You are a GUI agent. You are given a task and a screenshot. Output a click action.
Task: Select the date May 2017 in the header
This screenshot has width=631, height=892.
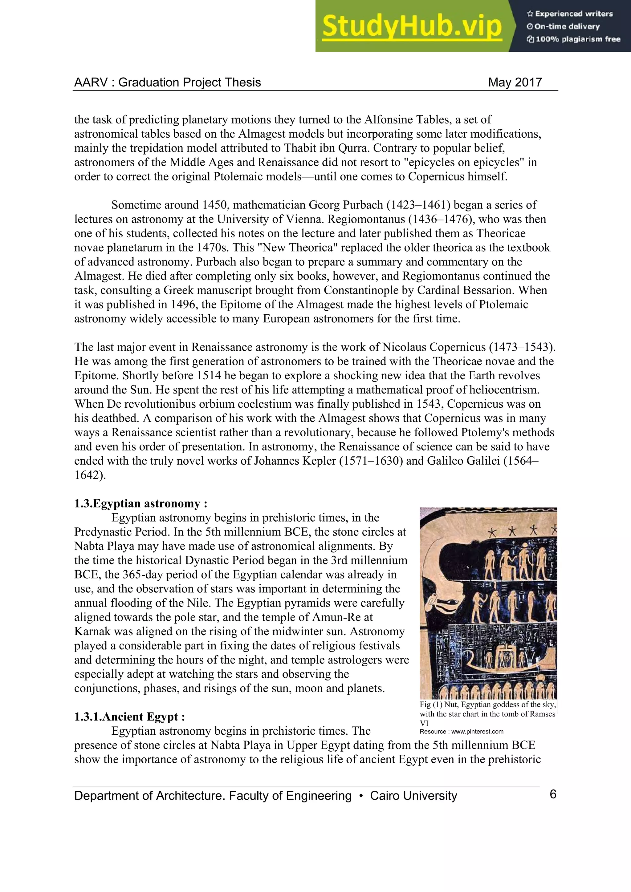point(515,82)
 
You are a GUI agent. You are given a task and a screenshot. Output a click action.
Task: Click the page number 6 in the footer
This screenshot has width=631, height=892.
point(553,794)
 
